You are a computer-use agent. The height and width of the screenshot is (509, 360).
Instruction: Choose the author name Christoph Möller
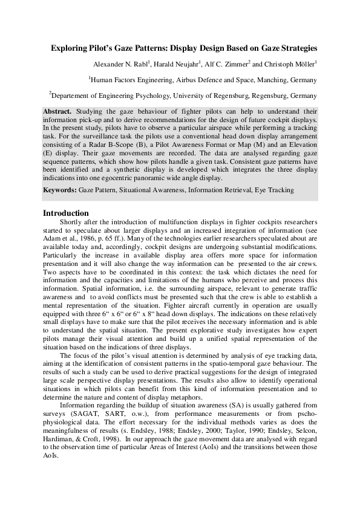click(x=293, y=63)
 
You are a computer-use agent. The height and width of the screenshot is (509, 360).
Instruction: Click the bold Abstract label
click(x=57, y=112)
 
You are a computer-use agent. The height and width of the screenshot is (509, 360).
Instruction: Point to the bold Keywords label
click(x=59, y=190)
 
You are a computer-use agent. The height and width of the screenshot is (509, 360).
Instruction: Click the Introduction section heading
click(x=66, y=213)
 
